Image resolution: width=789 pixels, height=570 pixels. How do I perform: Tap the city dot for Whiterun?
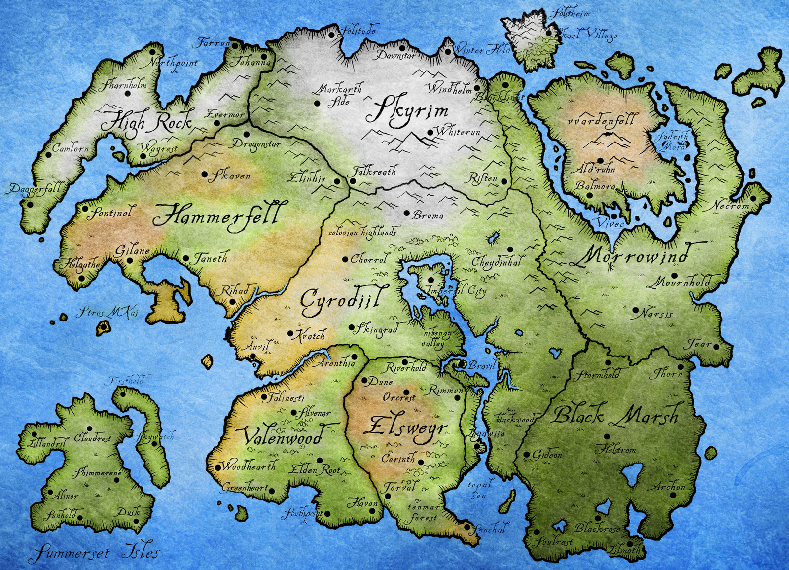(x=430, y=133)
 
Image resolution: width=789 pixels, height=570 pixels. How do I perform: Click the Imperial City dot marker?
(x=430, y=280)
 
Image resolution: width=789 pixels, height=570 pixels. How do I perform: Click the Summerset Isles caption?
(x=94, y=552)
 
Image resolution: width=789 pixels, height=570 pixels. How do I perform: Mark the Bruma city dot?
(x=407, y=214)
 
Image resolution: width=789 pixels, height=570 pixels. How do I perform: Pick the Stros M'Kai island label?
(x=108, y=313)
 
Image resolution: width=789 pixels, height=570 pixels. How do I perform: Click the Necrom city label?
(x=729, y=205)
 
